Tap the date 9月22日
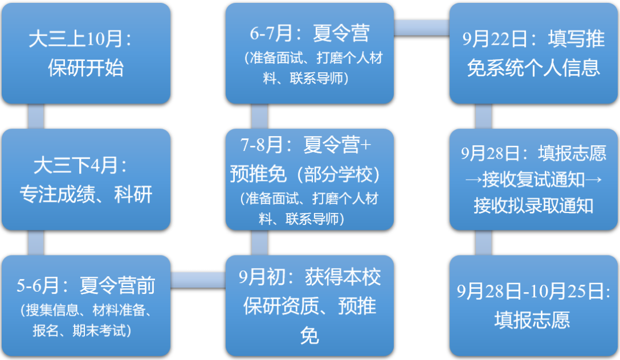coord(495,39)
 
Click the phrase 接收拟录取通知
coord(533,205)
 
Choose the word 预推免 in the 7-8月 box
coord(252,173)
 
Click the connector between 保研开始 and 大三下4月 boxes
coord(36,116)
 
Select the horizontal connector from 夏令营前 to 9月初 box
coord(197,280)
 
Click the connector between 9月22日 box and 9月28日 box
coord(483,116)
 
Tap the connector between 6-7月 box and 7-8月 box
coord(259,116)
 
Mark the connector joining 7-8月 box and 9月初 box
coord(259,243)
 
